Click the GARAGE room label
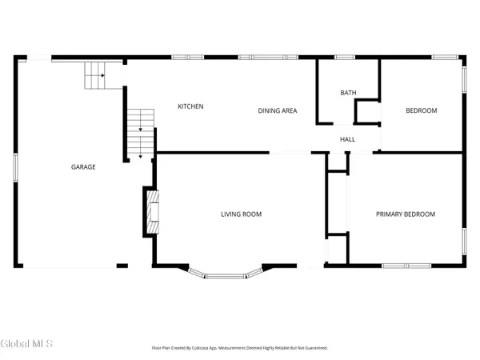point(83,167)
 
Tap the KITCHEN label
point(190,106)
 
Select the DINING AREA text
point(277,110)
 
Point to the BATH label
point(348,93)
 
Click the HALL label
point(347,139)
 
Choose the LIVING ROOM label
point(241,214)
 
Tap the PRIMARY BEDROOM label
point(406,214)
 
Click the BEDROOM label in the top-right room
point(421,110)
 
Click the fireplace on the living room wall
point(150,211)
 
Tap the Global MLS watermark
point(27,344)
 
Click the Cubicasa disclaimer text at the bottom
point(240,348)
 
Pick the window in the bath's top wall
point(345,57)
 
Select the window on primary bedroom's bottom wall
point(401,266)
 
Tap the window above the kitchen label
point(188,57)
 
